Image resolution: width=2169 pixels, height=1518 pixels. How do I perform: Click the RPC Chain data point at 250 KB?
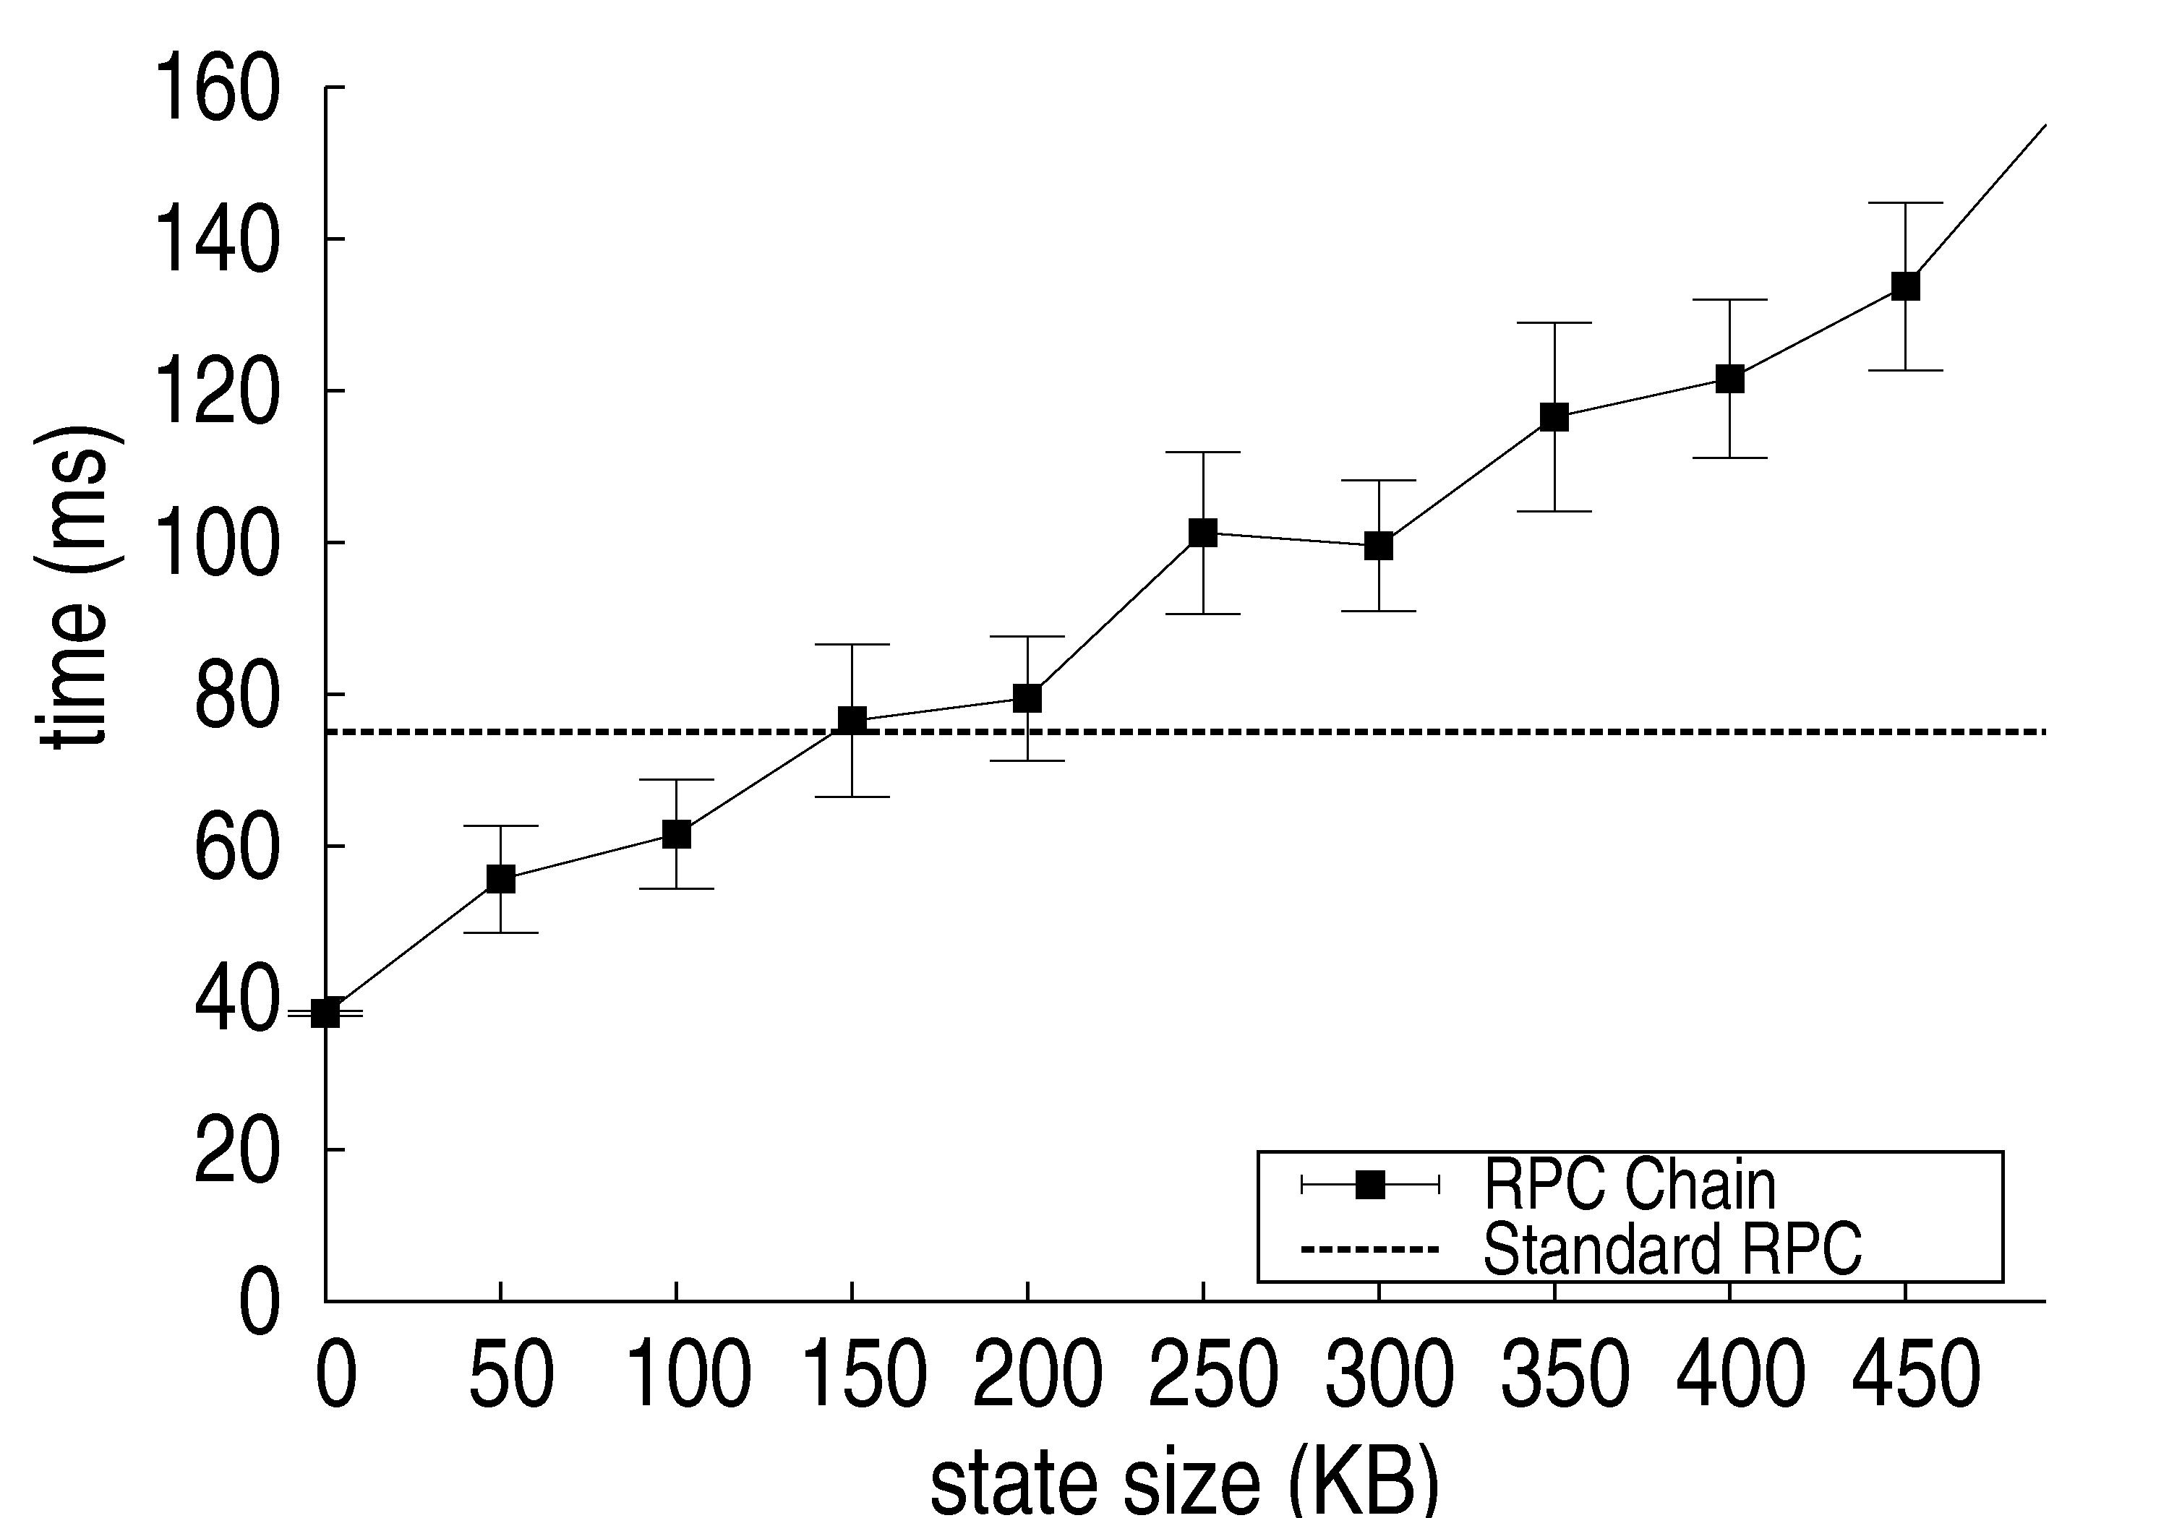(x=1202, y=533)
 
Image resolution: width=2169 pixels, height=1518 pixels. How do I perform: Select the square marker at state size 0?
(x=325, y=1013)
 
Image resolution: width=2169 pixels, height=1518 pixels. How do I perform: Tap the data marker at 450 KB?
(x=1905, y=286)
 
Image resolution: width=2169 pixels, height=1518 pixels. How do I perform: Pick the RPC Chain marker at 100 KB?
(x=677, y=834)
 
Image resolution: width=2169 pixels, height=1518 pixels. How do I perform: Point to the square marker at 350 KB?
(x=1554, y=416)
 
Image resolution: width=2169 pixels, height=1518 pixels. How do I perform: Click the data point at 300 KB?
(x=1378, y=546)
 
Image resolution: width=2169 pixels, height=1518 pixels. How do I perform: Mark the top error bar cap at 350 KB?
(x=1554, y=323)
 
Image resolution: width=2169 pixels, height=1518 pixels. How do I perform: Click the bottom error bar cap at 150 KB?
(x=852, y=797)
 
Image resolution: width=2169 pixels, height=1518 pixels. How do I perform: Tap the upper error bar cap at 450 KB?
(x=1905, y=203)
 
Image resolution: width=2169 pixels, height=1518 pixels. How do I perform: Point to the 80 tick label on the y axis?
(x=236, y=696)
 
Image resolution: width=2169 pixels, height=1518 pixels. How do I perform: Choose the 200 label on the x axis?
(x=1036, y=1376)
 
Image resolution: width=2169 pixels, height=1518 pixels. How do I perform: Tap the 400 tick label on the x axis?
(x=1739, y=1376)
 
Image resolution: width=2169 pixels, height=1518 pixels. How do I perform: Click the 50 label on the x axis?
(x=510, y=1376)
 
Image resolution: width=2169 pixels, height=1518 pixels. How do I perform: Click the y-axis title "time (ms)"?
(x=77, y=588)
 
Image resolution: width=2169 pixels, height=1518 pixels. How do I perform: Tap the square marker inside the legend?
(x=1370, y=1185)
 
